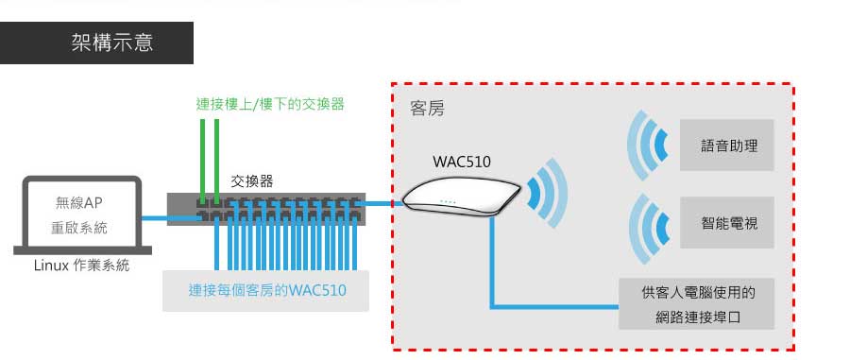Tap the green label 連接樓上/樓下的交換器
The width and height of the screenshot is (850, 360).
click(270, 104)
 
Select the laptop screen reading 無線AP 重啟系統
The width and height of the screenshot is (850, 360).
click(78, 214)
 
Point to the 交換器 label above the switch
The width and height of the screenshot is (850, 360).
click(253, 180)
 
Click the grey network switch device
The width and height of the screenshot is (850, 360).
click(265, 208)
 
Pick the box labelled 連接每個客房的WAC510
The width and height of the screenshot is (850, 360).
click(266, 290)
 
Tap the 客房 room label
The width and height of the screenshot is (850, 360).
click(427, 109)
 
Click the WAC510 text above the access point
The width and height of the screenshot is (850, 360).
click(462, 161)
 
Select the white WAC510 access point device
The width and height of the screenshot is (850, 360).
click(463, 197)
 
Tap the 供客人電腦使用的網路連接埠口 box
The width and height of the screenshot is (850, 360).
click(697, 303)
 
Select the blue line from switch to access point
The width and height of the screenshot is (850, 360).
click(383, 203)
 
